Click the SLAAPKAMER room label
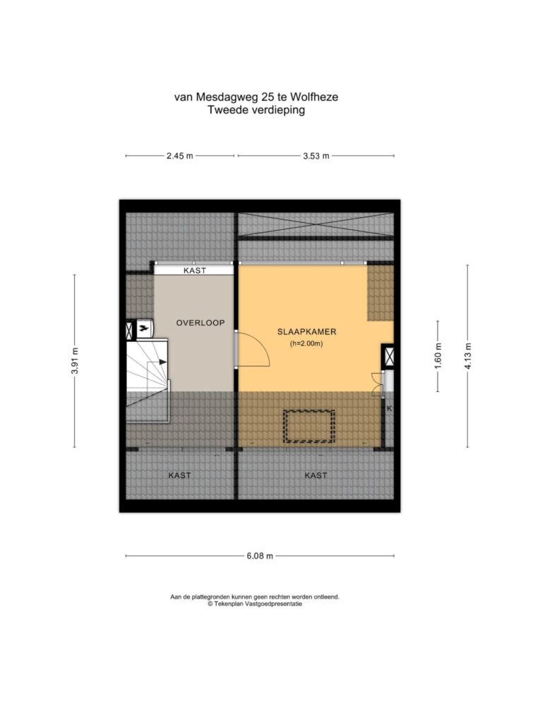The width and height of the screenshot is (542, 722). coord(306,331)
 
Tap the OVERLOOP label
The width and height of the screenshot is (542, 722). coord(200,323)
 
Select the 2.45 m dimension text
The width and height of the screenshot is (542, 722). coord(180,156)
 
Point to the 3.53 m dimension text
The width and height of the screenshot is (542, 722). coord(316,156)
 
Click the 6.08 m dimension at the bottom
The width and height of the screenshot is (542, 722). coord(260,556)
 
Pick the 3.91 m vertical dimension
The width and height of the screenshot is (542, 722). coord(75,361)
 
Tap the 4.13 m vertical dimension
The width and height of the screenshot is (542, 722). coord(468,356)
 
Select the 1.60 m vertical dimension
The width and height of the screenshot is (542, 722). coord(438,356)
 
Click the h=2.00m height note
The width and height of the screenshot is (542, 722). coord(306,343)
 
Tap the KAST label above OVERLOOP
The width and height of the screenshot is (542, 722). coord(195,271)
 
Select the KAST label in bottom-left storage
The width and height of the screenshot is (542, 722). coord(179,475)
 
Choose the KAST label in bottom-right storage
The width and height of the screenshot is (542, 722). coord(315,475)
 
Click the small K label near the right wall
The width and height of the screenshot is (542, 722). coord(390,408)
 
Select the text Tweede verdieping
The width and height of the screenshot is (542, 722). coord(256,110)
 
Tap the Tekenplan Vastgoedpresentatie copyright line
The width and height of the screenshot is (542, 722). coord(255,604)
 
